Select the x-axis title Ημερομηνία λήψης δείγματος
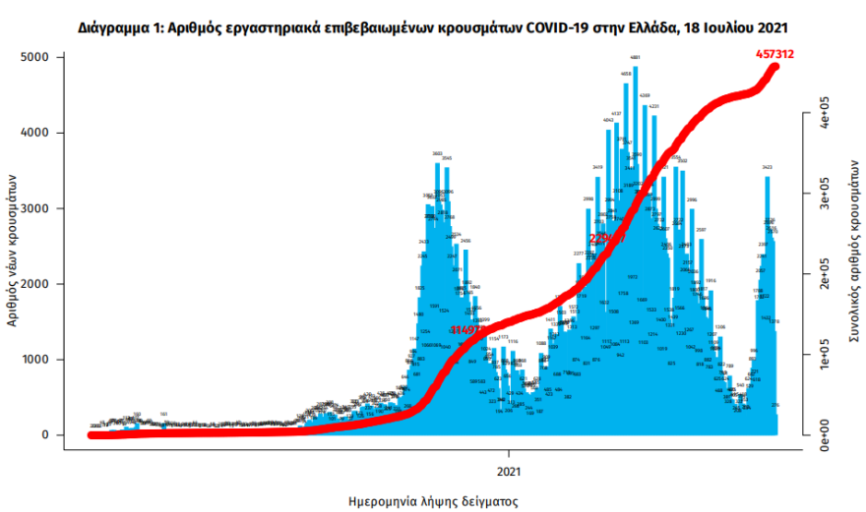tap(433, 500)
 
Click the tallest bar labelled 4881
tap(635, 246)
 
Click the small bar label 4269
tap(645, 96)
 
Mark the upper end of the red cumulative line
tap(775, 66)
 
